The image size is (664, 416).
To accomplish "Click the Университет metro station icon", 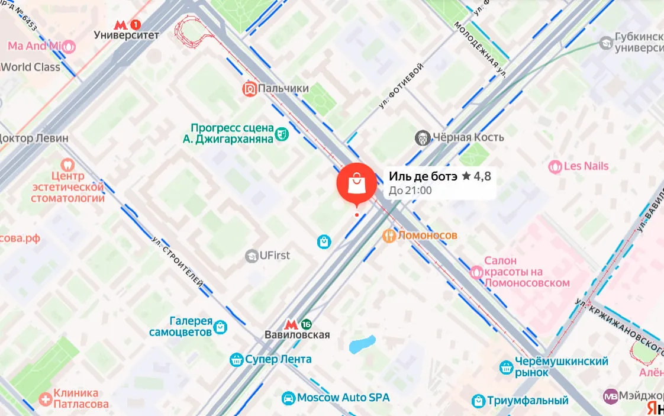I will [x=121, y=24].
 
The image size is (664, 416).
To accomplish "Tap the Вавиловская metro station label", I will [x=296, y=335].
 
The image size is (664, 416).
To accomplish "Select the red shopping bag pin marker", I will [x=356, y=183].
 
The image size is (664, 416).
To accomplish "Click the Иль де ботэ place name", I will [x=423, y=176].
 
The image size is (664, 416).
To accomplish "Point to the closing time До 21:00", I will [x=410, y=191].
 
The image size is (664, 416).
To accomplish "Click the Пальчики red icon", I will [x=249, y=89].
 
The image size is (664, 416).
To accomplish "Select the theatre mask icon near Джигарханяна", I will [x=282, y=134].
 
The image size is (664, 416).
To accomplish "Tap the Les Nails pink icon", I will [x=555, y=166].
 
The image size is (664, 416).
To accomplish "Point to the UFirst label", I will [x=275, y=256].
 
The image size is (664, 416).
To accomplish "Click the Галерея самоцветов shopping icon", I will [x=221, y=326].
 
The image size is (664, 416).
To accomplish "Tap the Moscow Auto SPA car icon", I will [x=288, y=398].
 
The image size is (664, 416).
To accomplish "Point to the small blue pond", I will [x=362, y=344].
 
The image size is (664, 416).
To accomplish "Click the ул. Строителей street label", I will [x=178, y=263].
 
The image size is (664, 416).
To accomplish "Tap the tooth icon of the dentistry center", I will [x=67, y=165].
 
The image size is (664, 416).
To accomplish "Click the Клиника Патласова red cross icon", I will [x=45, y=399].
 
